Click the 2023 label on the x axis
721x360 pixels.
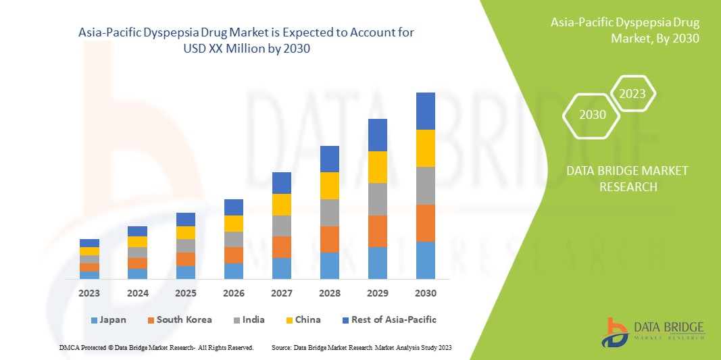click(89, 293)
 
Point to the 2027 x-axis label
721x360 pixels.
click(282, 293)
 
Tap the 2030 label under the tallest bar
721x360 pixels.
click(426, 293)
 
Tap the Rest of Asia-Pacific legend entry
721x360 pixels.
click(389, 319)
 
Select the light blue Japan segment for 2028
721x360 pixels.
click(330, 265)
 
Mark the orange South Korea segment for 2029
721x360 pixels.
click(378, 231)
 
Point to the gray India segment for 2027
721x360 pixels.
click(282, 226)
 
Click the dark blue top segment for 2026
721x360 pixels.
click(234, 207)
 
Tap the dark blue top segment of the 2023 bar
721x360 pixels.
click(89, 242)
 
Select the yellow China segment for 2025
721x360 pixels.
click(186, 232)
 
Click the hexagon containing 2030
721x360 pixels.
click(593, 115)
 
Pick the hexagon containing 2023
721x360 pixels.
click(632, 94)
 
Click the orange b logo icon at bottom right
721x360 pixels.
click(616, 332)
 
